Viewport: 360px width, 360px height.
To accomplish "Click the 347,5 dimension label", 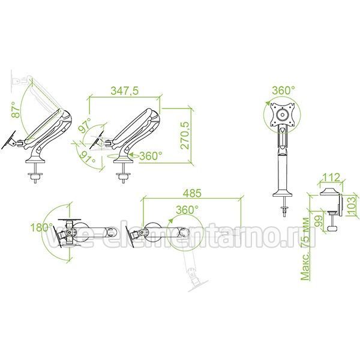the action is click(125, 91).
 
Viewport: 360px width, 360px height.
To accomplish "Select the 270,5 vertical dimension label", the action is click(185, 135).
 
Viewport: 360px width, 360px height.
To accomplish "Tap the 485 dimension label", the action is click(192, 193).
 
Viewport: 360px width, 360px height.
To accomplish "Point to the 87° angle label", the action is click(16, 110).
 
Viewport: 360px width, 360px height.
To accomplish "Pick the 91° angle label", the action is click(87, 157).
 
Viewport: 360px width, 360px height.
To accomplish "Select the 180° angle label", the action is click(41, 227).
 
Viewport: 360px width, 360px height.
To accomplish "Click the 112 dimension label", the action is click(331, 177).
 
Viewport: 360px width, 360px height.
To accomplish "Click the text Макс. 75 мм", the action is click(305, 249).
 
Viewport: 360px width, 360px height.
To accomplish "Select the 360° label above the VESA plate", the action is click(284, 90).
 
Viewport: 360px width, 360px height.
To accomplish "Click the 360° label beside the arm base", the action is click(151, 156).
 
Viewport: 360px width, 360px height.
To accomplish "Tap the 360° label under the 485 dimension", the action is click(187, 209).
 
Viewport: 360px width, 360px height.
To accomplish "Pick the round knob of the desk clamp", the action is click(332, 229).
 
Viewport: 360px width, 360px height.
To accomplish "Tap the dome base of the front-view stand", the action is click(283, 193).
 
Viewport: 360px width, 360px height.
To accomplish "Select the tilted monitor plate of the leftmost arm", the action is click(8, 140).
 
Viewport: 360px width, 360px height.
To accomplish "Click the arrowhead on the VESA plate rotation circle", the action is click(268, 103).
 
